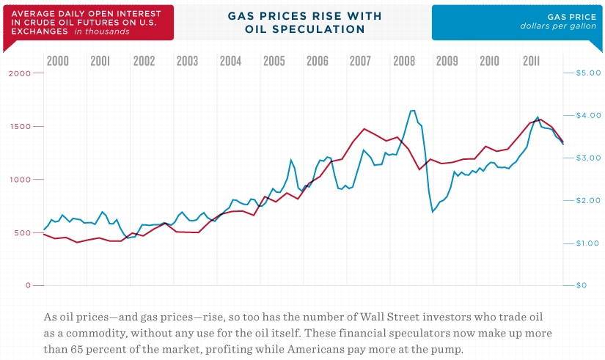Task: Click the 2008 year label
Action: click(403, 61)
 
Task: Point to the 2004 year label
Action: click(230, 61)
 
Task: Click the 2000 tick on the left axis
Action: click(18, 73)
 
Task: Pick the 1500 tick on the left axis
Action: click(18, 126)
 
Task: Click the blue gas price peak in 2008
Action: click(412, 111)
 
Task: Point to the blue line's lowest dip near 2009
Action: click(433, 212)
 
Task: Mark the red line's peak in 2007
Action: click(364, 128)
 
